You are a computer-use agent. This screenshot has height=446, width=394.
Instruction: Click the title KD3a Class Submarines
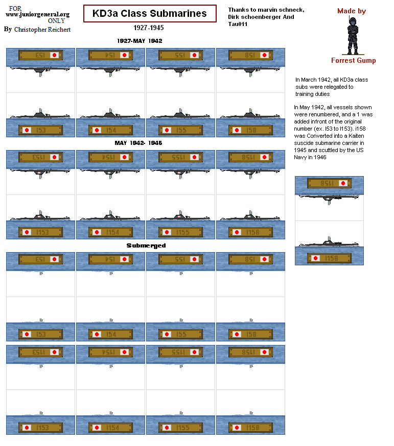[149, 14]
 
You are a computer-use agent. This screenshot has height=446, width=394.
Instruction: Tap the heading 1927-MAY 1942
[140, 41]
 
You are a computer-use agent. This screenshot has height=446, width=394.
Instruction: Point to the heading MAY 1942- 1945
[138, 143]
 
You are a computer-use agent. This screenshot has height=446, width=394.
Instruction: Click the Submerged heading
[146, 245]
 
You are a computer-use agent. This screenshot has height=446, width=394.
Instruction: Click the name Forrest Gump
[353, 60]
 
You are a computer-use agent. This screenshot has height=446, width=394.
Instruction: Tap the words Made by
[352, 11]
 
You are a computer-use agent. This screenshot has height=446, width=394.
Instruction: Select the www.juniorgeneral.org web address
[37, 15]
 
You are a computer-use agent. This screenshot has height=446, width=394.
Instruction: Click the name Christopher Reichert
[42, 30]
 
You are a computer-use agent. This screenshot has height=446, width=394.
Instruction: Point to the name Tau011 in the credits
[238, 24]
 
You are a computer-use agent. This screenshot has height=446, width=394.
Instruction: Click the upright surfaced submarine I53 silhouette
[40, 114]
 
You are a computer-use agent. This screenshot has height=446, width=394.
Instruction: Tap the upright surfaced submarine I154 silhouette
[111, 216]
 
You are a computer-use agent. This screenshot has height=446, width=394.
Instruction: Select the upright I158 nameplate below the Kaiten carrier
[329, 258]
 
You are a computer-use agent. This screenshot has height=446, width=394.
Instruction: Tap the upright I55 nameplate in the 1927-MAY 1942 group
[180, 131]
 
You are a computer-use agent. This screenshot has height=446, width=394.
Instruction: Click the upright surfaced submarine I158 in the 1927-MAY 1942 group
[250, 114]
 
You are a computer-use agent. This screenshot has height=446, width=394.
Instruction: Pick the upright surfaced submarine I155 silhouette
[181, 216]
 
